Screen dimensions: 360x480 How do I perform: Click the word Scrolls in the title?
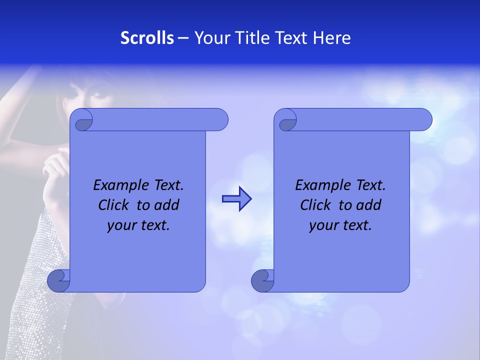coord(147,38)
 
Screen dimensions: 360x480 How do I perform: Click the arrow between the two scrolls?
coord(236,199)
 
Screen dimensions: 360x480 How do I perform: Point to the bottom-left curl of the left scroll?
coord(58,281)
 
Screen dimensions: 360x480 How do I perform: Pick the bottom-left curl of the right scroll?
coord(262,281)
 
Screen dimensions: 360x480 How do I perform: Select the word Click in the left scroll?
coord(113,205)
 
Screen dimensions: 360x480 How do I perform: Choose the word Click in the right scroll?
coord(315,205)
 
